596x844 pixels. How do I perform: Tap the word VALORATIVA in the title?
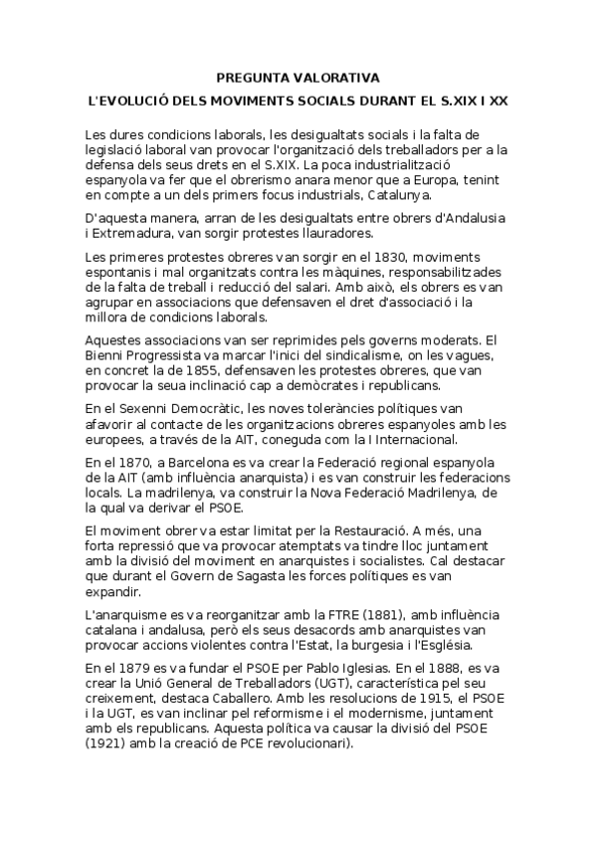pos(337,76)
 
